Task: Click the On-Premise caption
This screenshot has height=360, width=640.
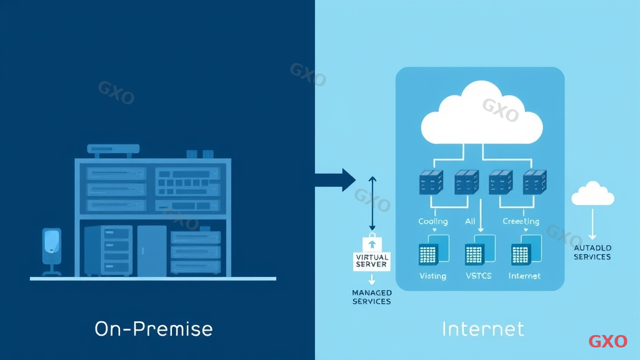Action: (154, 329)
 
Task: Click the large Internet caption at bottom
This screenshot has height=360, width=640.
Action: (482, 329)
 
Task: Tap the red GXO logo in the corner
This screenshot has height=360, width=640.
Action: (607, 341)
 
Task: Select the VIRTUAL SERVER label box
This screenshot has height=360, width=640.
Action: (372, 261)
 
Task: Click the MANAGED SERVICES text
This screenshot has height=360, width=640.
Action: (372, 297)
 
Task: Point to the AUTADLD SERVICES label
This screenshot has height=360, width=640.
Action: (592, 252)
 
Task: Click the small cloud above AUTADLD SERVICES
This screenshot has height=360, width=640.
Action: (592, 194)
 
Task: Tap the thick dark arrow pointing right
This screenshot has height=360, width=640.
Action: (334, 180)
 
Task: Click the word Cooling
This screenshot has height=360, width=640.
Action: (432, 221)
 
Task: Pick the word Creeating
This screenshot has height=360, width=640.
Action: (521, 221)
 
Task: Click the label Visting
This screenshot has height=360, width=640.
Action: (432, 276)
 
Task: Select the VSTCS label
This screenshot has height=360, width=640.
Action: (479, 276)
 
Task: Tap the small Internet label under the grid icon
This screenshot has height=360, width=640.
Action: (524, 276)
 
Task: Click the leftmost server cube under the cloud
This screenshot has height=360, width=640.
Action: (431, 181)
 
